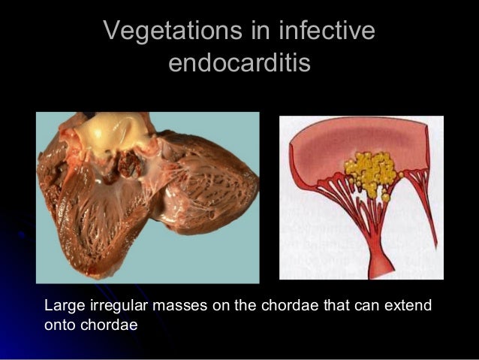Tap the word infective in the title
327,32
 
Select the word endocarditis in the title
239,63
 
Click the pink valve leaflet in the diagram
353,142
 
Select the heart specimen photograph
148,197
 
